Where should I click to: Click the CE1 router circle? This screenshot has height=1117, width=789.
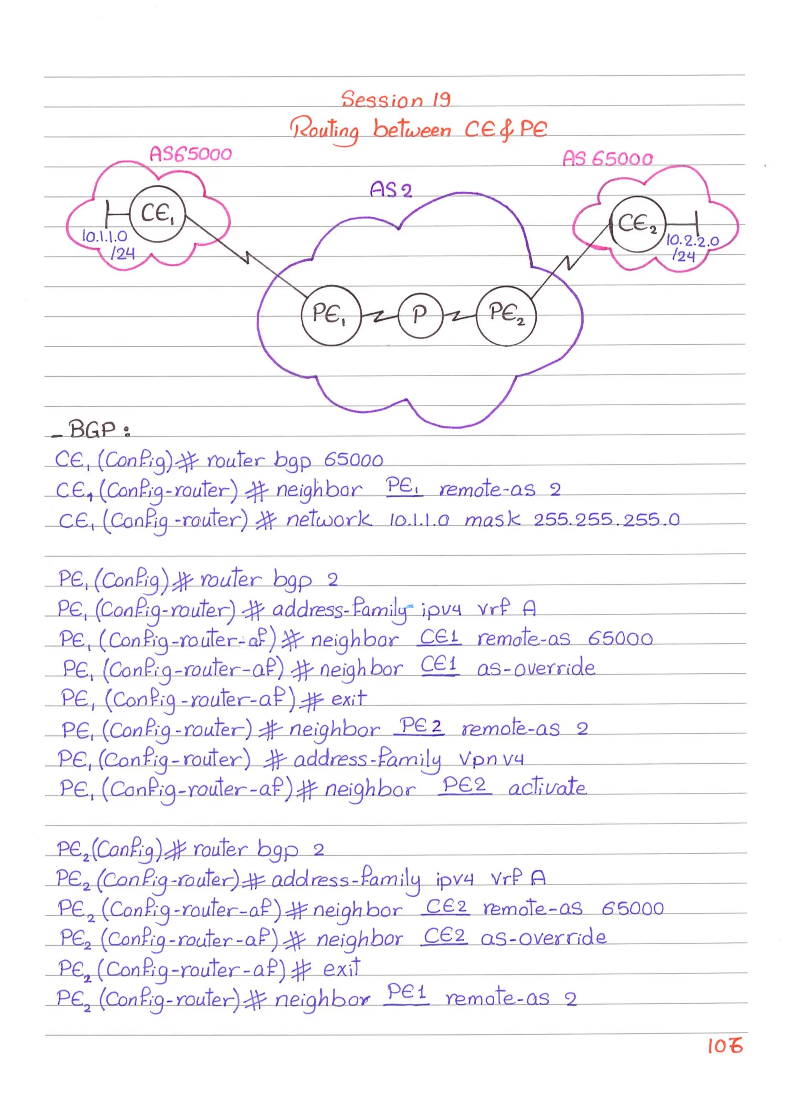pos(158,214)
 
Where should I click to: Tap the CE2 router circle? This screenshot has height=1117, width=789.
pos(637,224)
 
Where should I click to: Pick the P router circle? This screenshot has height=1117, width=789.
pos(420,315)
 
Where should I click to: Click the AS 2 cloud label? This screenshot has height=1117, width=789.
pos(391,190)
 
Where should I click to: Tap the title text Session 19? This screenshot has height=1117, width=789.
pos(396,100)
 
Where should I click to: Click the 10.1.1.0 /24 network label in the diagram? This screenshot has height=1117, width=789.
pos(107,244)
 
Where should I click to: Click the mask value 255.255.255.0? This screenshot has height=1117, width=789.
pos(606,520)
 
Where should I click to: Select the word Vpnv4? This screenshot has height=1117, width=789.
pos(491,758)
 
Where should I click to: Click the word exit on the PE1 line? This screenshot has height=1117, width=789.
pos(349,699)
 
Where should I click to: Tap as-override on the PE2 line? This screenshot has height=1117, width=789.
pos(543,937)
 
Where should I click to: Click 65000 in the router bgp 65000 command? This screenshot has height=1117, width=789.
pos(353,460)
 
